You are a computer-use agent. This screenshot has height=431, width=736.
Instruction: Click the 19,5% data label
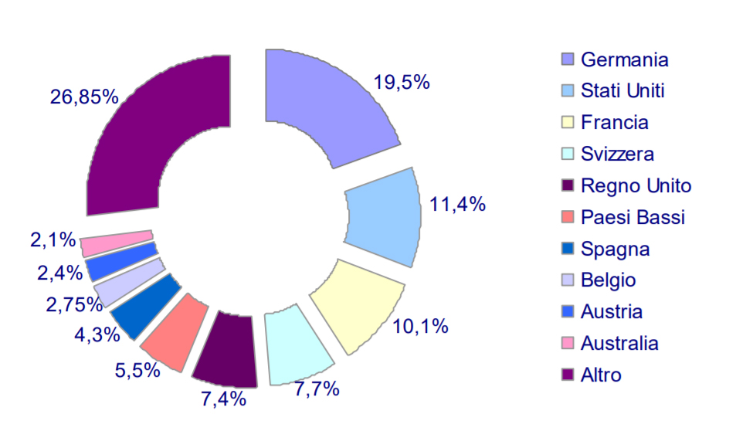(401, 83)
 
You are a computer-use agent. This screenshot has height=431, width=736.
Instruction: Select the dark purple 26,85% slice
(154, 131)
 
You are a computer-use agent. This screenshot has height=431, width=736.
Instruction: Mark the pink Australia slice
(116, 243)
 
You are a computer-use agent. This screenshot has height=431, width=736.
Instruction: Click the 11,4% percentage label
(456, 205)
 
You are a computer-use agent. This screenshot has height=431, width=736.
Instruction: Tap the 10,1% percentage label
(420, 327)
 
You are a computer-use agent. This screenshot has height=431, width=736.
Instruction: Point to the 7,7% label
(317, 389)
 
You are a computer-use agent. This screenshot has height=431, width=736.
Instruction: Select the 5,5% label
(137, 369)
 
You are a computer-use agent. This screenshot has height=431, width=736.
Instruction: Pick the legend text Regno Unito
(636, 186)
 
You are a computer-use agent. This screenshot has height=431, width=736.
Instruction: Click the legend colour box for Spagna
(568, 249)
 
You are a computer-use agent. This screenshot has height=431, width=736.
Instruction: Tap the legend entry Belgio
(608, 281)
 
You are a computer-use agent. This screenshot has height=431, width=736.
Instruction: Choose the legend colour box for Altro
(568, 376)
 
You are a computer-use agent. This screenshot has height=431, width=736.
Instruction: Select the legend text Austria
(611, 313)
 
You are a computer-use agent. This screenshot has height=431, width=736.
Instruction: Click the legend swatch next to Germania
(568, 59)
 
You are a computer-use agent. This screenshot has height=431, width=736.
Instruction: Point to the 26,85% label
(84, 97)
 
